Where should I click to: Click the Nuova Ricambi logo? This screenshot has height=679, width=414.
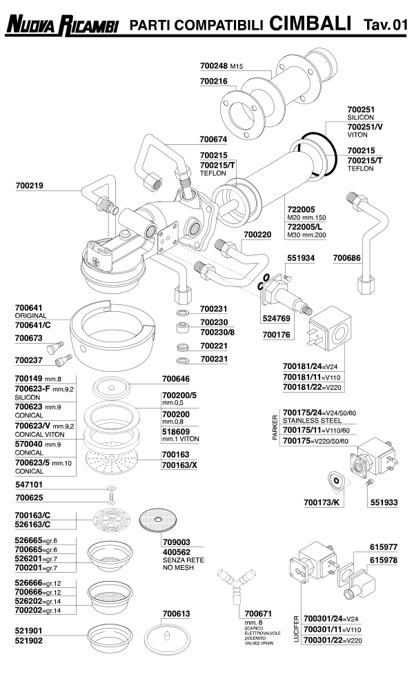[62, 26]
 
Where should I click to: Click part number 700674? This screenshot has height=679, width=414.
[215, 138]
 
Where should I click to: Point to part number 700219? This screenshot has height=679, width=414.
[30, 186]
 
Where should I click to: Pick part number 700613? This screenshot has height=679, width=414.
[177, 613]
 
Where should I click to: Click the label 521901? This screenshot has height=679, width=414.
[30, 631]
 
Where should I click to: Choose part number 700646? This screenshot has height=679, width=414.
[177, 379]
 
